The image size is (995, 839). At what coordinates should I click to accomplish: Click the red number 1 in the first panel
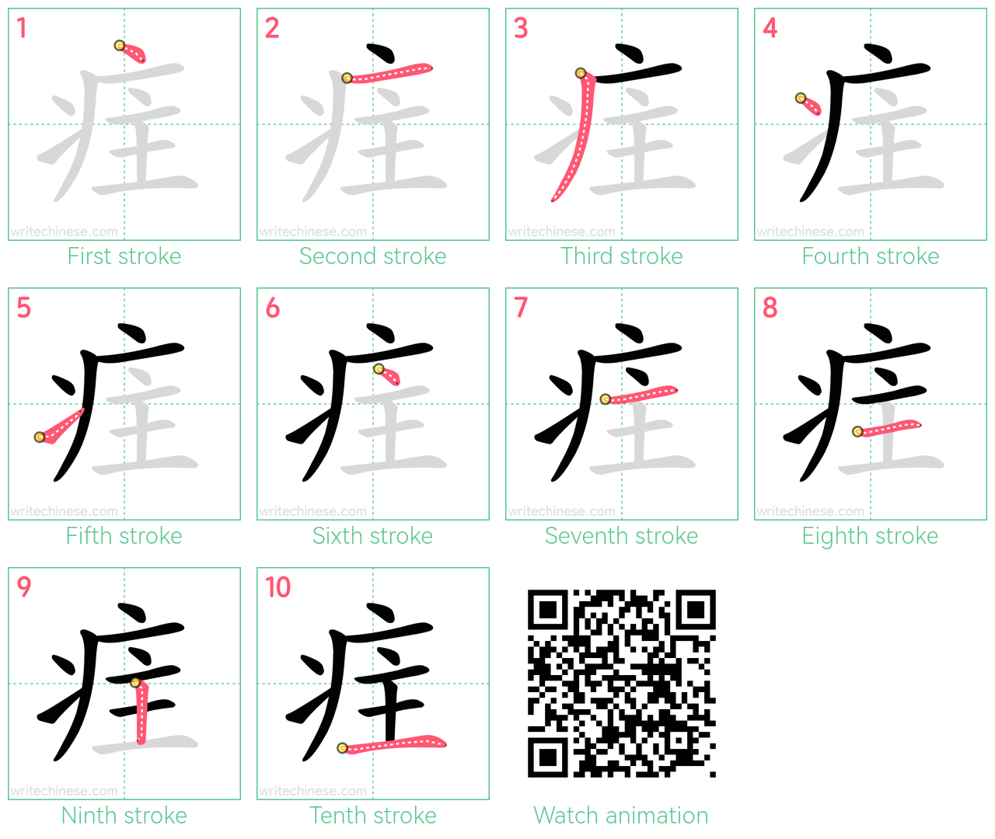22,28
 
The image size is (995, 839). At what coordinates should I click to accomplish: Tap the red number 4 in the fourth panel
770,28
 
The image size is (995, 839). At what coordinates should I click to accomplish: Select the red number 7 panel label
521,307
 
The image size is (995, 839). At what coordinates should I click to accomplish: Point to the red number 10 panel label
278,587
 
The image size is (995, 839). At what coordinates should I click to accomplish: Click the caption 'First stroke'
124,256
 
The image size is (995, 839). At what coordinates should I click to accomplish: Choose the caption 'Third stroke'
621,256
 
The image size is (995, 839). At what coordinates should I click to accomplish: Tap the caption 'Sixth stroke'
372,536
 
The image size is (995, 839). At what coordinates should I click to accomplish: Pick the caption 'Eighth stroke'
870,536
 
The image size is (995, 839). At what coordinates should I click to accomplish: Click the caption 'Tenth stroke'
372,816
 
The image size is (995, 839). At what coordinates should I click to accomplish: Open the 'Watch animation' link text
621,816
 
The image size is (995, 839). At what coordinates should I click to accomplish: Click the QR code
621,684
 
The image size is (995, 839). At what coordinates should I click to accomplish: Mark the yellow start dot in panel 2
347,78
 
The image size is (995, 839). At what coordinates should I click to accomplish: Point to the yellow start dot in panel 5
40,437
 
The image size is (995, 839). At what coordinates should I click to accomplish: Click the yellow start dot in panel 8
857,432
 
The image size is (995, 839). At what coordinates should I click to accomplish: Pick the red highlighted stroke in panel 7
640,395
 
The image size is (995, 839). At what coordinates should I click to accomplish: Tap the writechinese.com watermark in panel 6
312,511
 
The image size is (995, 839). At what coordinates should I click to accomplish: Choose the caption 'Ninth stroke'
124,816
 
